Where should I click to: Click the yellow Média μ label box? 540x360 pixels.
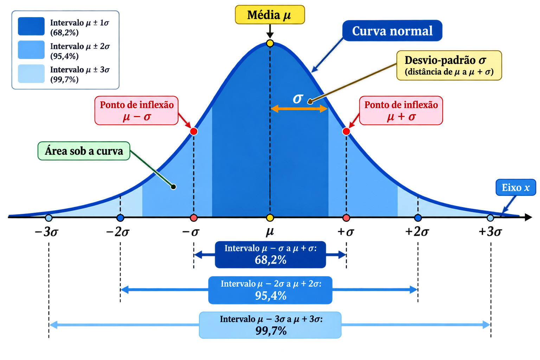tap(270, 15)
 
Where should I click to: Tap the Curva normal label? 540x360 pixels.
tap(392, 31)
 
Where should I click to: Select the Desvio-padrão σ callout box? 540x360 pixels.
tap(449, 65)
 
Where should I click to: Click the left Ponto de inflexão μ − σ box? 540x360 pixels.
tap(136, 110)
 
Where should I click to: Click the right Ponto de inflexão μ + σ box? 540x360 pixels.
tap(401, 110)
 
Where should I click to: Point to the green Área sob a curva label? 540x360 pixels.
tap(84, 151)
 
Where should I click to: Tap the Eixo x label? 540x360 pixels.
tap(516, 187)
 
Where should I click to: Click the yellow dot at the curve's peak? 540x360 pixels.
tap(270, 43)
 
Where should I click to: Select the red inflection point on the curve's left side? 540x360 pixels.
tap(194, 131)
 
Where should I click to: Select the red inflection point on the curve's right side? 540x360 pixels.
tap(346, 131)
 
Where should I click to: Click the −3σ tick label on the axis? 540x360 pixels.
tap(46, 232)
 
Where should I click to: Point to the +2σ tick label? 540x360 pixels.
tap(417, 232)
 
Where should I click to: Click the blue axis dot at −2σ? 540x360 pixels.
tap(120, 218)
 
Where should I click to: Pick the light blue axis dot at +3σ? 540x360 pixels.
tap(490, 218)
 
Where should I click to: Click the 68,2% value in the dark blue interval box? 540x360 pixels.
tap(270, 260)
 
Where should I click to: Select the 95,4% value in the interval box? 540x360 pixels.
tap(270, 296)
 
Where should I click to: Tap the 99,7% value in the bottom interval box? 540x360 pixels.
tap(271, 331)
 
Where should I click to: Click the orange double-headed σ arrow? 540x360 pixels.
tap(299, 109)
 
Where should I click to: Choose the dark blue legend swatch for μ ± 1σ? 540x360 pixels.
tap(31, 26)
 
